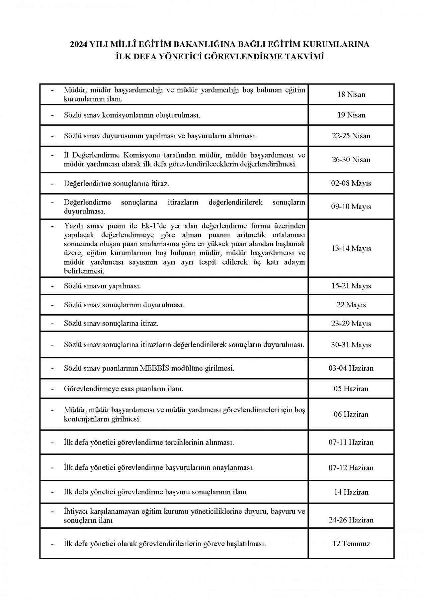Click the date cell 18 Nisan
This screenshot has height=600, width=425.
351,94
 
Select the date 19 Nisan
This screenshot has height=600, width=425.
351,115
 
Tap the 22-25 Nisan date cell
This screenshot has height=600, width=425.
351,136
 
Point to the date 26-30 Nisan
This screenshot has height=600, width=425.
351,159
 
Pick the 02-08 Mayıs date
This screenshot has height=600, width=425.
351,183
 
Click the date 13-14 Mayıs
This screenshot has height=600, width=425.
351,248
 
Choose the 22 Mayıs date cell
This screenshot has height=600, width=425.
351,305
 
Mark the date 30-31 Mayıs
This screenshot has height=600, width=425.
351,345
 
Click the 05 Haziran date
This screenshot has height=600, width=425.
351,389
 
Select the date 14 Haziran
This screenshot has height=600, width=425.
351,492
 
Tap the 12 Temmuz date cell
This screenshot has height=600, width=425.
351,544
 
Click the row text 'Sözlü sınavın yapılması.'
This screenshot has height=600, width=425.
102,286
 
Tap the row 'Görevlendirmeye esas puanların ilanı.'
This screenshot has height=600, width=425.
124,389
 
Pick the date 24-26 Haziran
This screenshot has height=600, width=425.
351,520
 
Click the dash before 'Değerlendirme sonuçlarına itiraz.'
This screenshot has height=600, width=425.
52,183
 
